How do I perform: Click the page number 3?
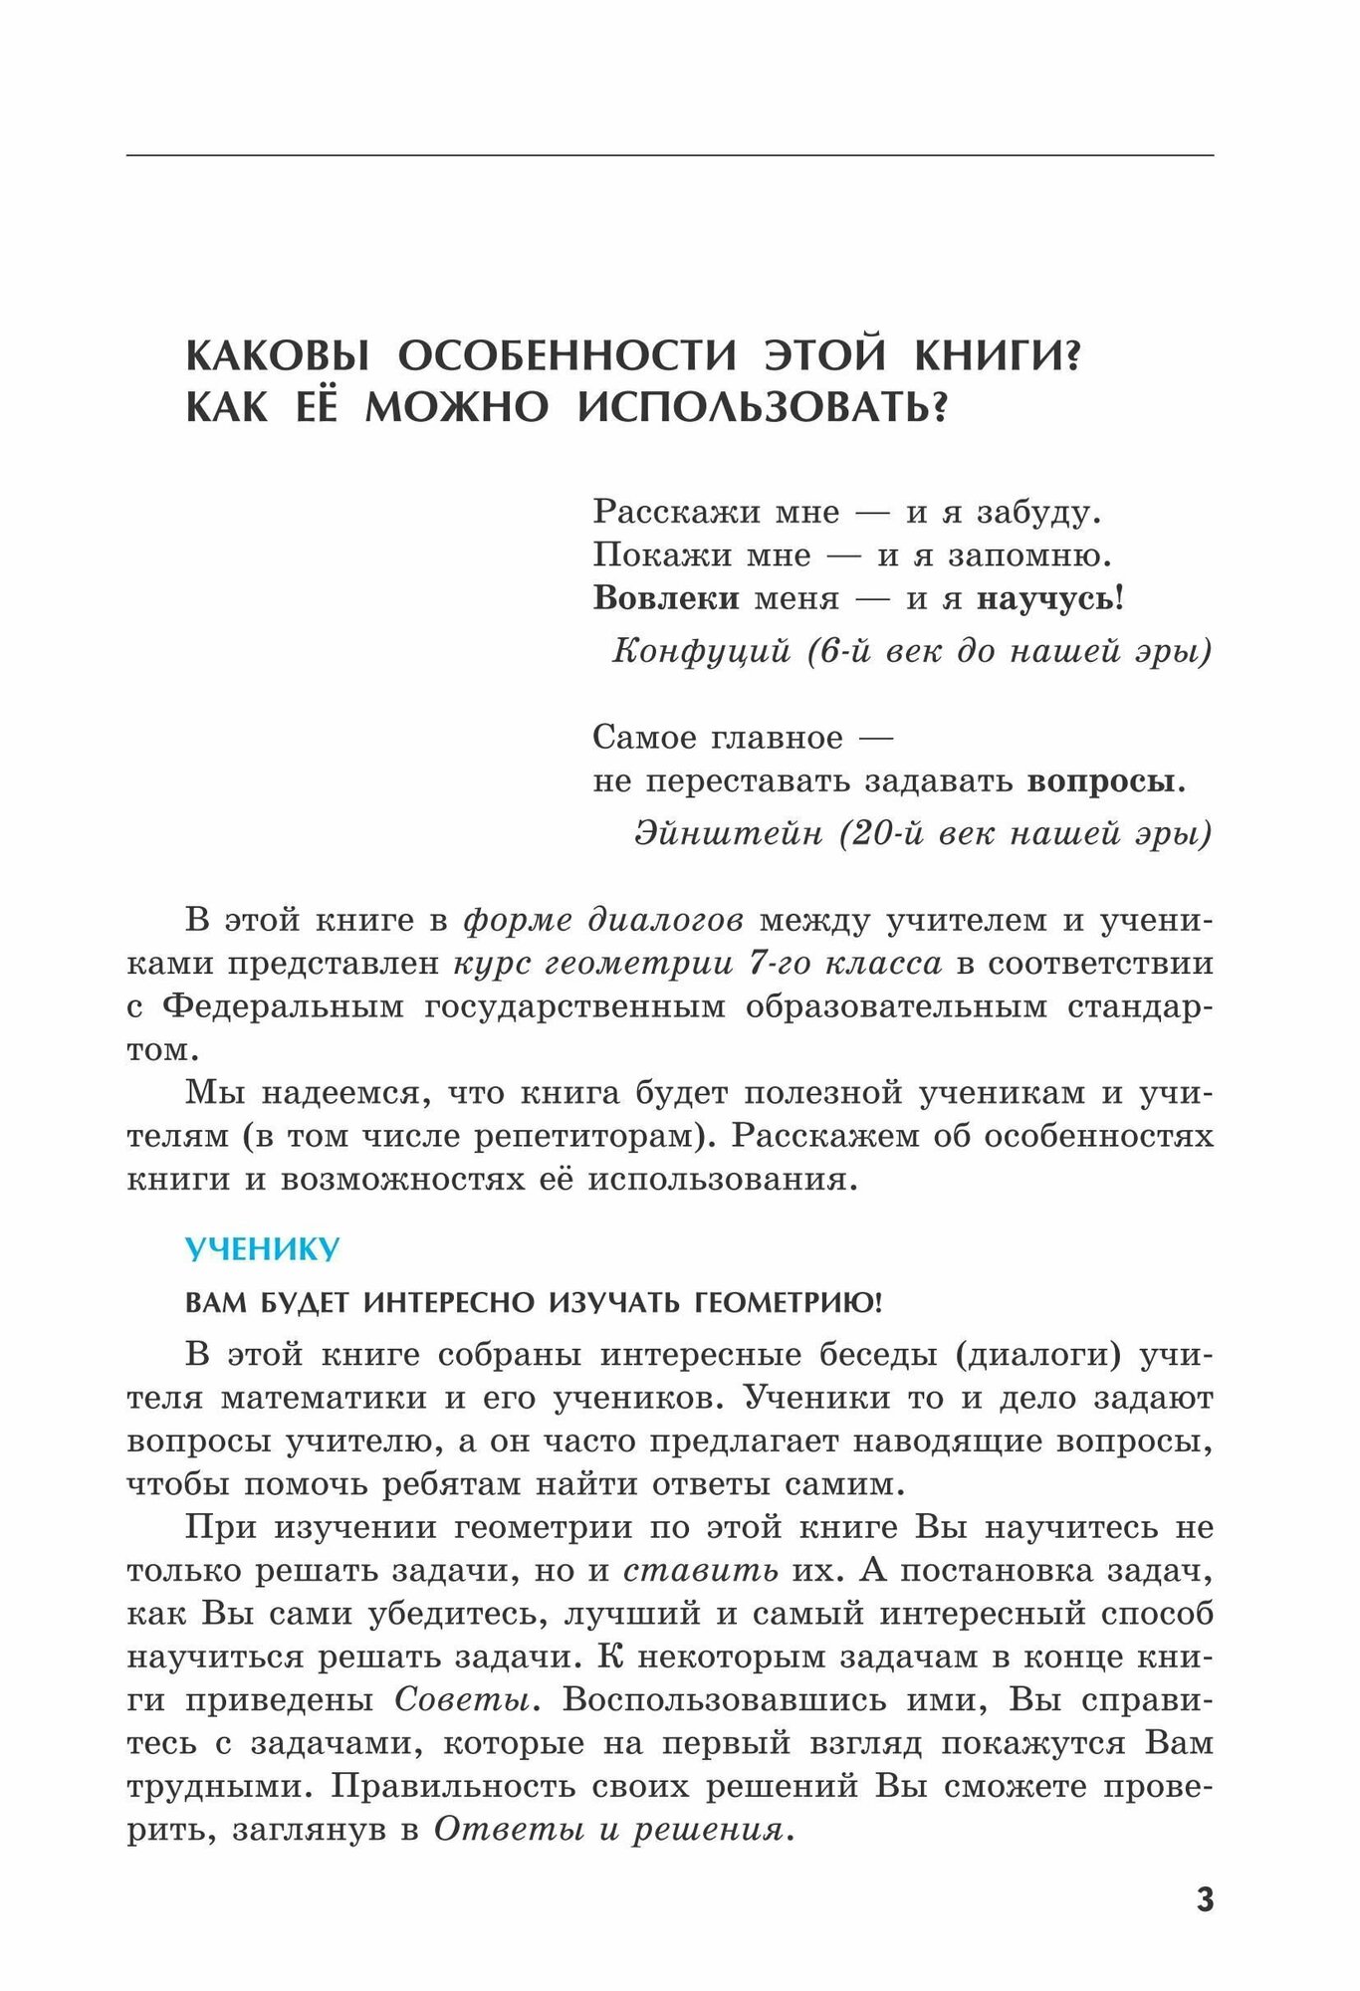tap(1205, 1899)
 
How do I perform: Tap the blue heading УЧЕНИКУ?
tap(263, 1249)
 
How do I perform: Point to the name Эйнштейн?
tap(728, 832)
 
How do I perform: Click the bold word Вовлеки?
tap(666, 598)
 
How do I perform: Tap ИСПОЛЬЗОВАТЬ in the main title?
tap(757, 407)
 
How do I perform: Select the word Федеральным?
tap(283, 1006)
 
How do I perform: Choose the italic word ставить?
tap(701, 1570)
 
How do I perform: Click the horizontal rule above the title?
tap(670, 155)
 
